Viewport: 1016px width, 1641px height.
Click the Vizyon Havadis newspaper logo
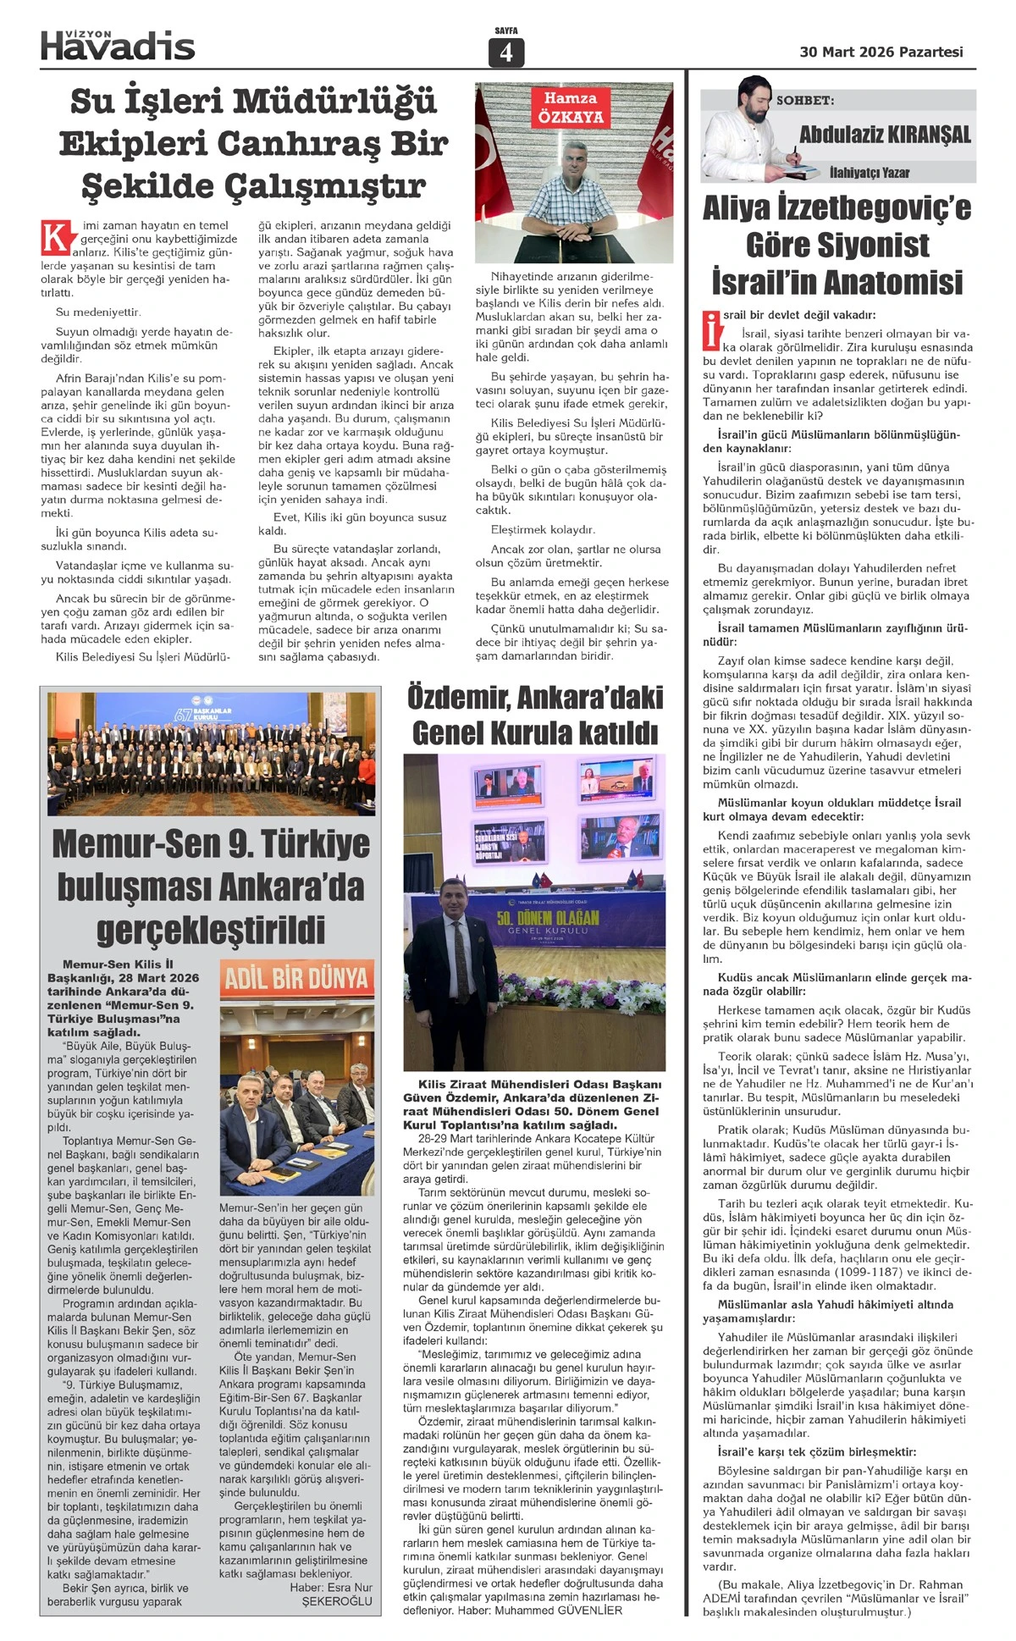click(x=118, y=44)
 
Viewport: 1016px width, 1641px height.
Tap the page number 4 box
click(x=506, y=52)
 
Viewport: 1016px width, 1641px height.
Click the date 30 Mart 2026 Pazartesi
click(x=881, y=52)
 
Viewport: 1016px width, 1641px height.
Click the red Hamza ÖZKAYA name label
click(x=570, y=108)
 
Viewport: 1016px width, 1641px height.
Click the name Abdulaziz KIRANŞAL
click(x=885, y=134)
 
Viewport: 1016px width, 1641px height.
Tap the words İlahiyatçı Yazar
click(x=870, y=173)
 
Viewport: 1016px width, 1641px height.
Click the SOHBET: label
click(x=805, y=100)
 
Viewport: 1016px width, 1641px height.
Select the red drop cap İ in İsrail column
click(x=711, y=330)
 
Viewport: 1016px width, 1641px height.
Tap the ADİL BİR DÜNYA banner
click(x=296, y=980)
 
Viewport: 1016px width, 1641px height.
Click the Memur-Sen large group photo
click(x=212, y=753)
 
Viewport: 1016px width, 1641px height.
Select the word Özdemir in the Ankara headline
click(x=457, y=698)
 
